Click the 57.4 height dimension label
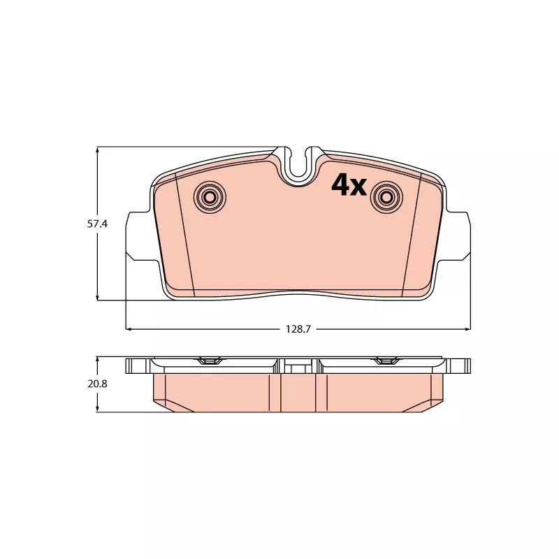pyautogui.click(x=97, y=224)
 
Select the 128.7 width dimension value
pyautogui.click(x=298, y=329)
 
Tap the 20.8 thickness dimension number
pyautogui.click(x=97, y=384)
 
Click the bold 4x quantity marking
pyautogui.click(x=349, y=185)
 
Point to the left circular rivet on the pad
pyautogui.click(x=210, y=197)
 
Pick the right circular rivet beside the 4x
pyautogui.click(x=387, y=197)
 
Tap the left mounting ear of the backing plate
pyautogui.click(x=141, y=237)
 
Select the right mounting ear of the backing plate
pyautogui.click(x=456, y=237)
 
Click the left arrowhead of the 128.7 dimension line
pyautogui.click(x=129, y=329)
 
